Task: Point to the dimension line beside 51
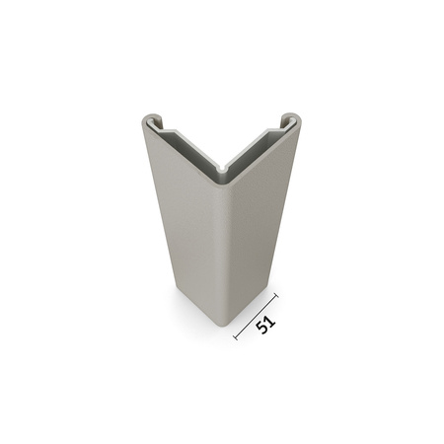click(255, 316)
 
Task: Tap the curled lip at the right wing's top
click(293, 120)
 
